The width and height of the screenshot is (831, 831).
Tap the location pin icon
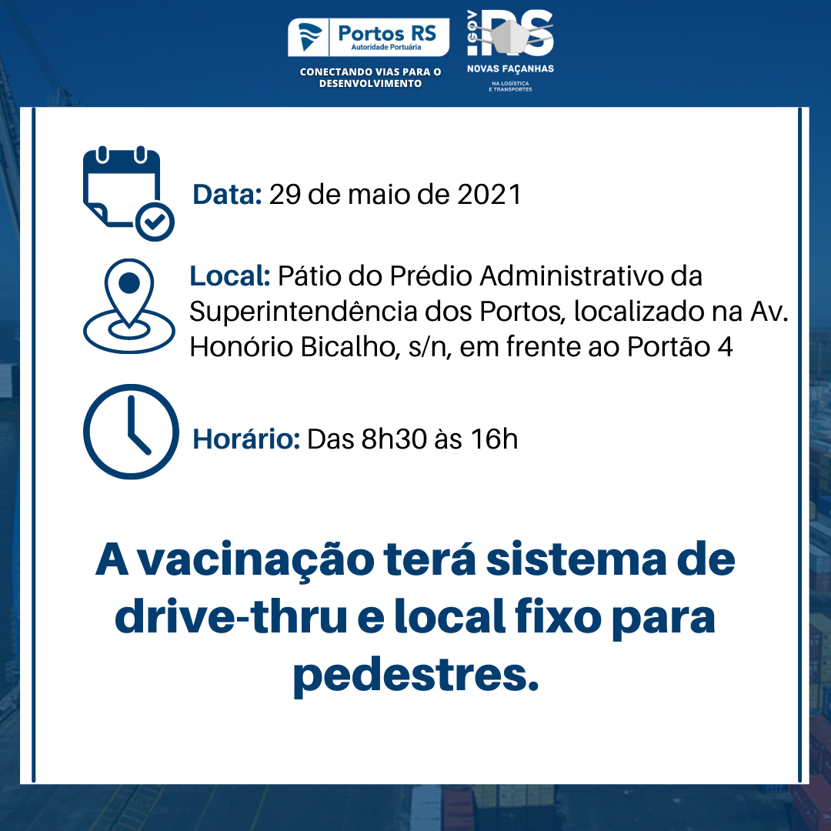128,305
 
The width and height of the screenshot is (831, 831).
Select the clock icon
131,432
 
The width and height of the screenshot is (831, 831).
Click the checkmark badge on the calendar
155,222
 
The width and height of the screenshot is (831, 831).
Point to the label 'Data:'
227,195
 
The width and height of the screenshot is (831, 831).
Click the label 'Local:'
230,276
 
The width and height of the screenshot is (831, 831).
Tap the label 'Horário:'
246,439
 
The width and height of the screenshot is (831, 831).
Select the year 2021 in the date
489,195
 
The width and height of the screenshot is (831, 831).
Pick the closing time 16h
494,439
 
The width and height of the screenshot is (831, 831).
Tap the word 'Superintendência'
303,312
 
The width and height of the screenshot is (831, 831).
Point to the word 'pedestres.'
416,676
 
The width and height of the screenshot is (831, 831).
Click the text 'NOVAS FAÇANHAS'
510,69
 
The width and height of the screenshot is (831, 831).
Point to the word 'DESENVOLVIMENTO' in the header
370,84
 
